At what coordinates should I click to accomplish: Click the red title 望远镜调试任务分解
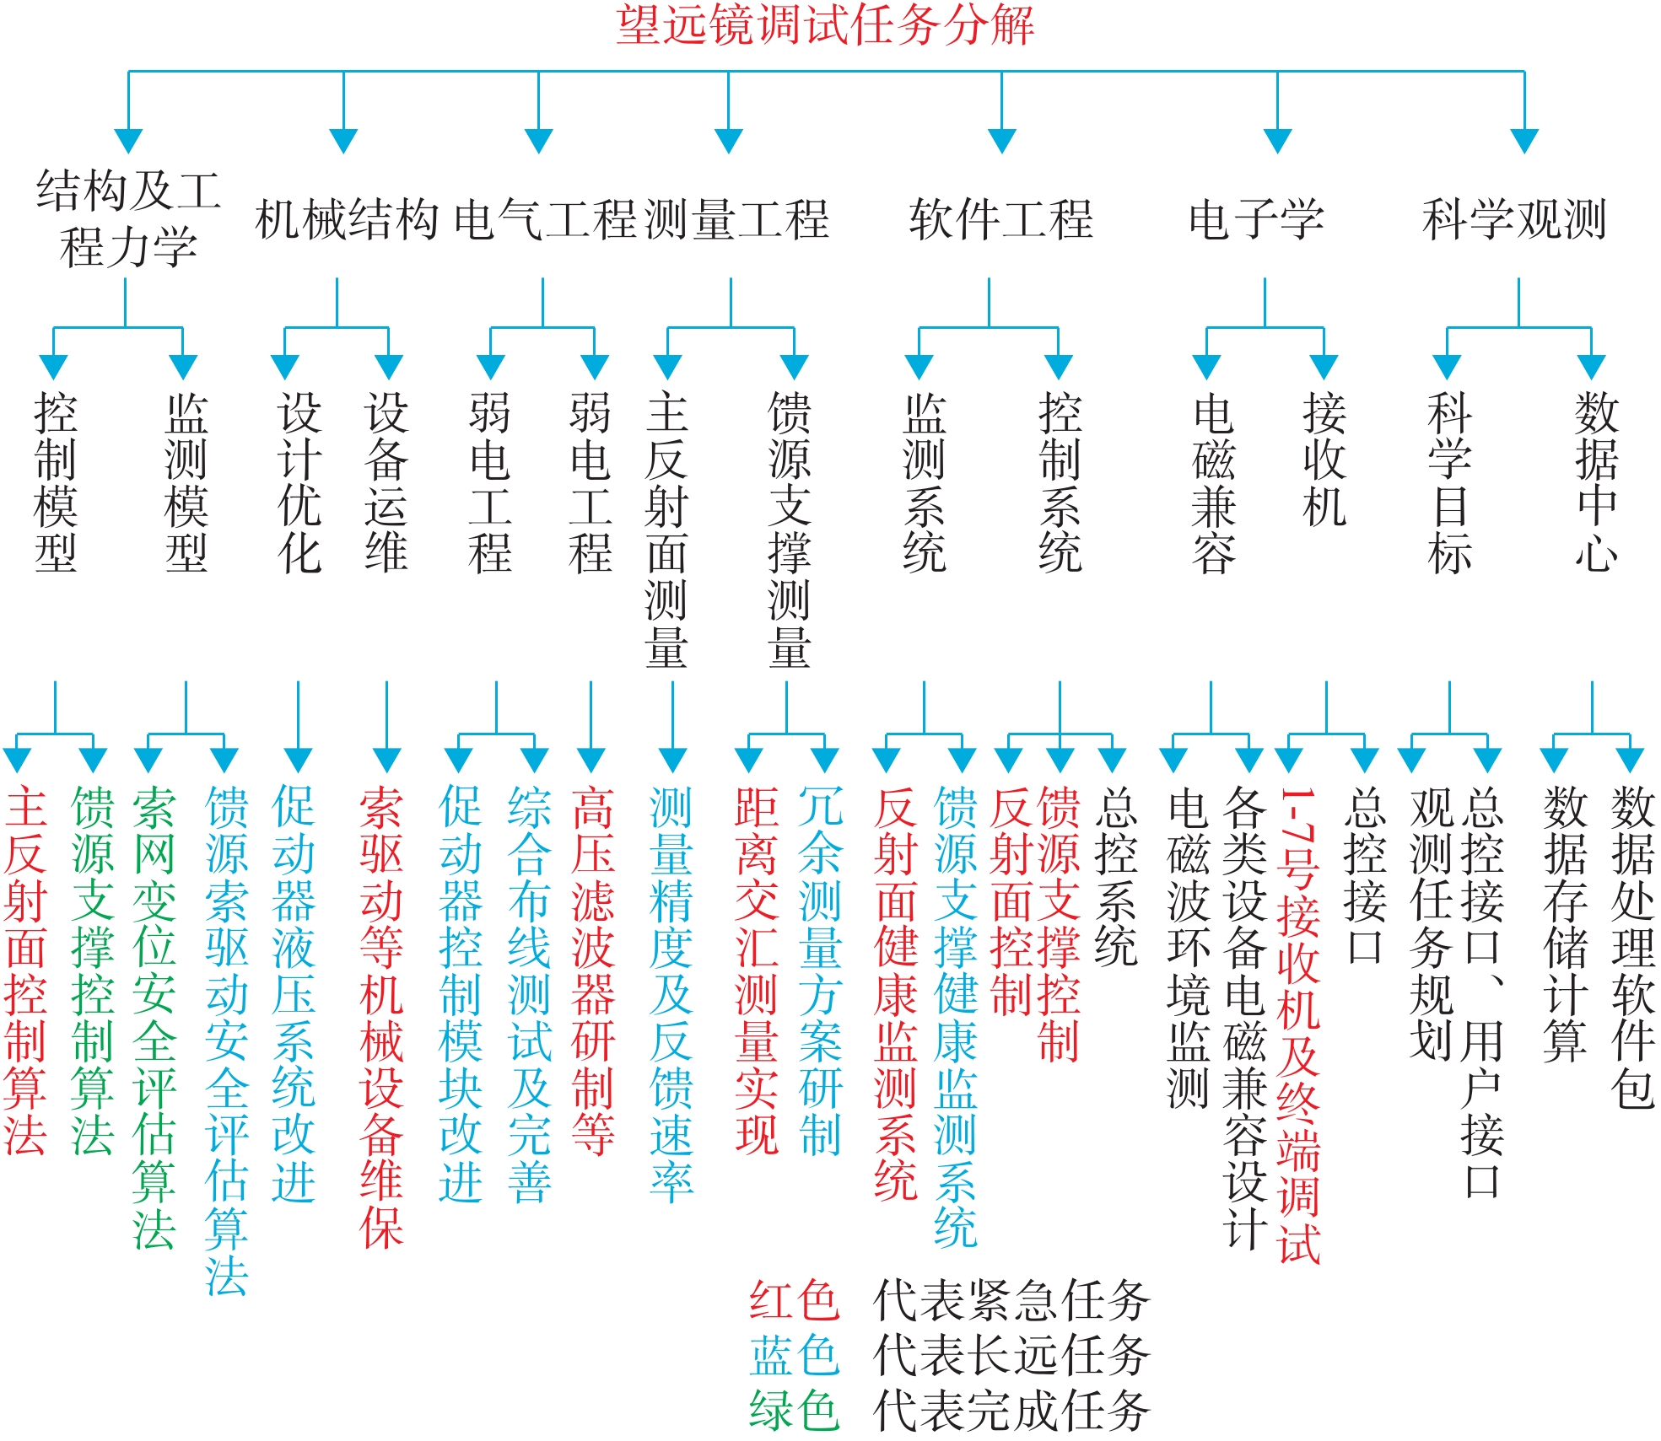pyautogui.click(x=825, y=24)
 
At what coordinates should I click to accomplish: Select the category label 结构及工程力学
pyautogui.click(x=128, y=218)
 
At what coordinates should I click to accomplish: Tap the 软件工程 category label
pyautogui.click(x=1001, y=219)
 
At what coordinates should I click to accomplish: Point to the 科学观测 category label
pyautogui.click(x=1514, y=219)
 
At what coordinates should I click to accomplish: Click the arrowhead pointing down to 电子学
pyautogui.click(x=1278, y=141)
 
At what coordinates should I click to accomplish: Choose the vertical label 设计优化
pyautogui.click(x=299, y=482)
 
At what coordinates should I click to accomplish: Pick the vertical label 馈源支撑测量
pyautogui.click(x=790, y=530)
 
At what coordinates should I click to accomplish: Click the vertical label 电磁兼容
pyautogui.click(x=1214, y=482)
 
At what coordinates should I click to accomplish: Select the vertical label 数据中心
pyautogui.click(x=1597, y=482)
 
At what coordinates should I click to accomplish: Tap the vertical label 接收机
pyautogui.click(x=1324, y=460)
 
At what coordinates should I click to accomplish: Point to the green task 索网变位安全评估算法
pyautogui.click(x=154, y=1018)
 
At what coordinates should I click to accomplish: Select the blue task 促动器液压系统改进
pyautogui.click(x=294, y=994)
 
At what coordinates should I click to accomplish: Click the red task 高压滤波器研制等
pyautogui.click(x=593, y=971)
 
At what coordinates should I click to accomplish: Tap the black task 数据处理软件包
pyautogui.click(x=1633, y=948)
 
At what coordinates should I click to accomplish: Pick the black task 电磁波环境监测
pyautogui.click(x=1189, y=948)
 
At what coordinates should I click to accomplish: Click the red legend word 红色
pyautogui.click(x=795, y=1299)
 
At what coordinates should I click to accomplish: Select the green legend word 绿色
pyautogui.click(x=795, y=1411)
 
